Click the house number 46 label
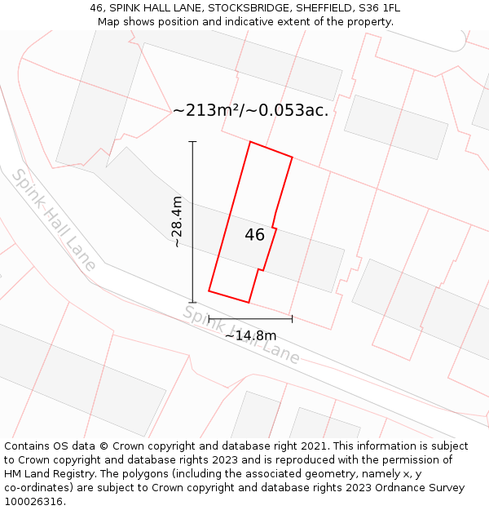coord(254,235)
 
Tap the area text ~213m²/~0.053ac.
coord(251,110)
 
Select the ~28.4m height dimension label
coord(176,222)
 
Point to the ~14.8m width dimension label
coord(250,335)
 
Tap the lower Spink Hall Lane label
coord(240,335)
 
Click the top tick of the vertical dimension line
coord(193,142)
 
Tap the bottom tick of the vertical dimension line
coord(193,303)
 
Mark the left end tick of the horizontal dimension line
coord(209,318)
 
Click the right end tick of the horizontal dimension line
coord(292,318)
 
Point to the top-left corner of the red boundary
coord(249,142)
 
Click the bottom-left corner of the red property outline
coord(209,290)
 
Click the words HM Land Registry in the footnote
coord(44,474)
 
